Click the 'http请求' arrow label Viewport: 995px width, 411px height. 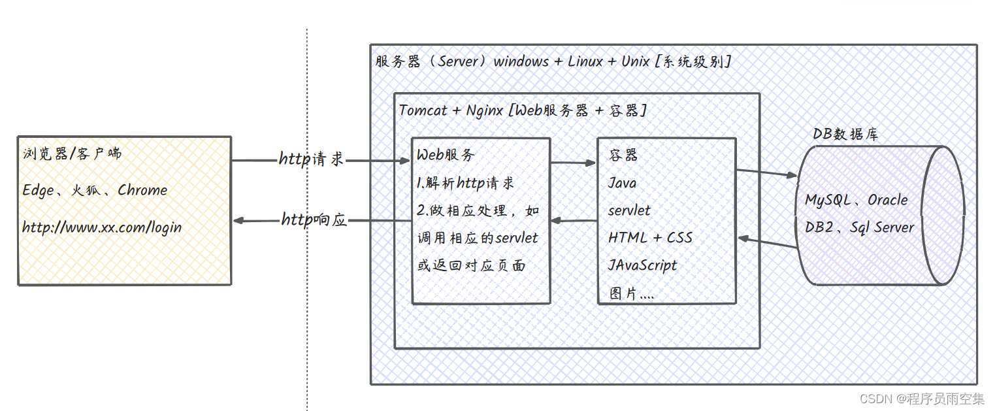tap(311, 159)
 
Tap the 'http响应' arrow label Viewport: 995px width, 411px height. tap(314, 220)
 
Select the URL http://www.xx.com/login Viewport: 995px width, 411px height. tap(102, 227)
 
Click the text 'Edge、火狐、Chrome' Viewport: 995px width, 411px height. tap(95, 190)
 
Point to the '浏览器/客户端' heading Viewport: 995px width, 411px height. tap(72, 154)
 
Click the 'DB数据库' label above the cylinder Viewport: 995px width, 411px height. tap(845, 134)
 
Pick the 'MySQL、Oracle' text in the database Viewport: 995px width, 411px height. tap(856, 200)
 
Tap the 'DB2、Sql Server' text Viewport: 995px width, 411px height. tap(860, 227)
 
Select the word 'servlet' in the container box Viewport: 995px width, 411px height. tap(629, 210)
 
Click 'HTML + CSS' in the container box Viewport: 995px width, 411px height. tap(650, 238)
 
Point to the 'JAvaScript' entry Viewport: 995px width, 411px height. tap(642, 265)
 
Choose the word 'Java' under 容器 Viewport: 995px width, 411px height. tap(622, 183)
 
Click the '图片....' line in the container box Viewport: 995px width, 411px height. tap(632, 293)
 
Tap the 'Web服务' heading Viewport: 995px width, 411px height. tap(446, 155)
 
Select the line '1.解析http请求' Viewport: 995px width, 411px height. tap(465, 183)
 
